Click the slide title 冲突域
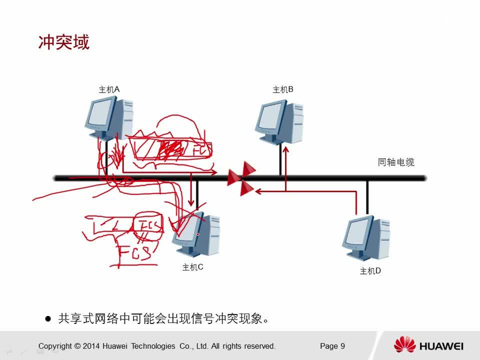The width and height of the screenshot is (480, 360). click(x=63, y=42)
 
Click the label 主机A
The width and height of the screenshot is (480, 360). click(x=109, y=89)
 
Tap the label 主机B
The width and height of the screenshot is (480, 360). click(x=282, y=89)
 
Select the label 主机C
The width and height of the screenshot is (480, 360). click(x=192, y=267)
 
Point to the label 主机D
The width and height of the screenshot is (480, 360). click(x=370, y=271)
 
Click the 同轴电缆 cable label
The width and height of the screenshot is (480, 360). click(x=396, y=162)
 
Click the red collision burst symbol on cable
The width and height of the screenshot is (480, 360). click(x=241, y=178)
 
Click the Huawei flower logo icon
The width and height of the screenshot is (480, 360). click(x=404, y=345)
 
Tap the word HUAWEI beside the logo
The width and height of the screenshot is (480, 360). click(x=441, y=346)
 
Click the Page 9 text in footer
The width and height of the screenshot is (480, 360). click(x=332, y=346)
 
